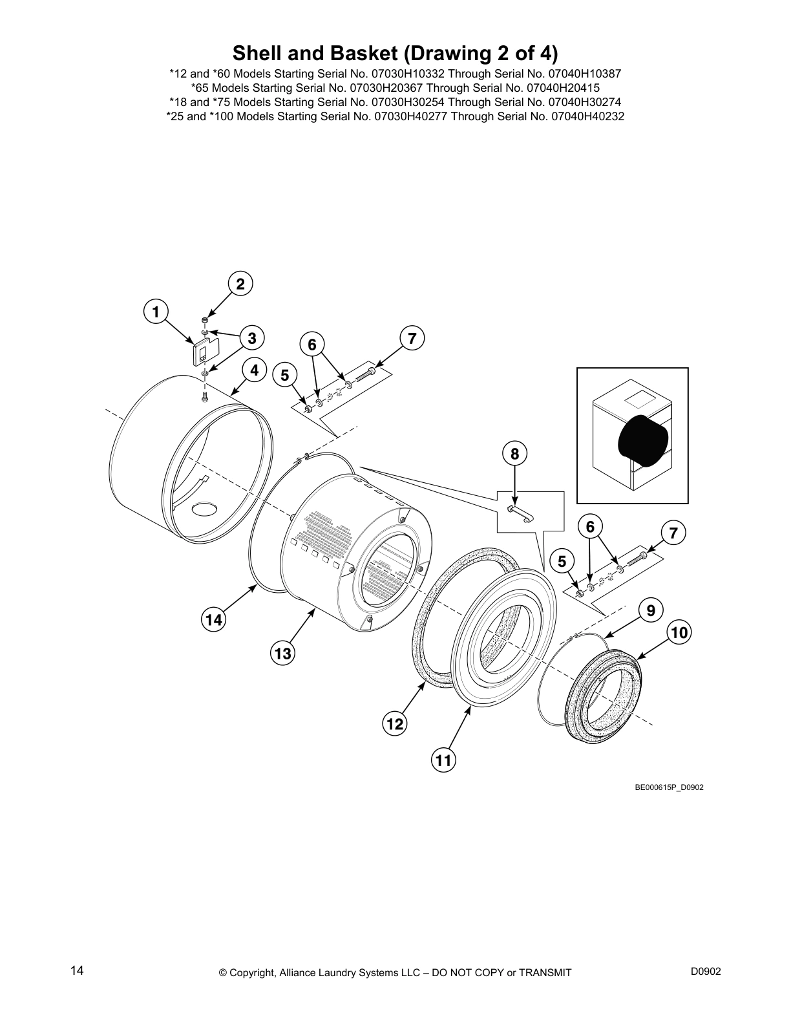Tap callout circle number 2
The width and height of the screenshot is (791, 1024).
(240, 284)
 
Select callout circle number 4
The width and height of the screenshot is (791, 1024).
(254, 370)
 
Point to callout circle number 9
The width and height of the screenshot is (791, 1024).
(651, 610)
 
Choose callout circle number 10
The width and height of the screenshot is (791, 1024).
(679, 632)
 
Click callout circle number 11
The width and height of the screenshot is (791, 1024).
(443, 760)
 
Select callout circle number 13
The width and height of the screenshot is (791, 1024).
(282, 654)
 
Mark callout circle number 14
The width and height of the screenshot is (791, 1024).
(213, 620)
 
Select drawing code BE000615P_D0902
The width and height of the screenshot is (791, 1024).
(669, 787)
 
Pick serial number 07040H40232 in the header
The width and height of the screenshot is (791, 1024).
(587, 117)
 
